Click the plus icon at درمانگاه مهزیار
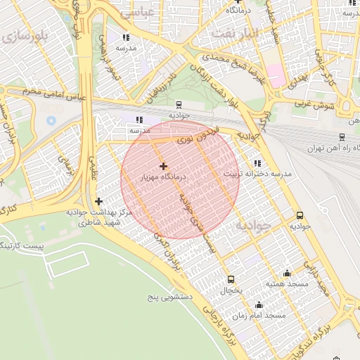(164, 167)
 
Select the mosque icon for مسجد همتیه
(286, 273)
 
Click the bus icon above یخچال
(231, 278)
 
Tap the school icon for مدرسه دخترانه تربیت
(257, 162)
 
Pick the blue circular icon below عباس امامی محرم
(51, 120)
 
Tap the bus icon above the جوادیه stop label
(300, 216)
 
